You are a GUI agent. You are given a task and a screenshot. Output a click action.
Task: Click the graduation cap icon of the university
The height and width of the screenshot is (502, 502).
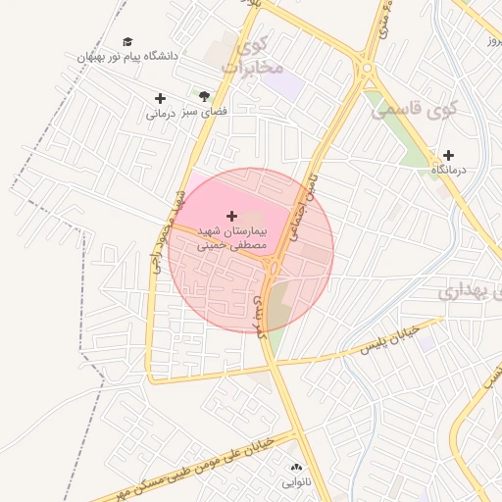coord(127,42)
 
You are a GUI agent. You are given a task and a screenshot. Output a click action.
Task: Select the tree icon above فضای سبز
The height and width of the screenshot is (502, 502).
coord(204,96)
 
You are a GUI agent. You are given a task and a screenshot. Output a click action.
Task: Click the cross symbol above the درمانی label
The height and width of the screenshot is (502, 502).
coord(160,98)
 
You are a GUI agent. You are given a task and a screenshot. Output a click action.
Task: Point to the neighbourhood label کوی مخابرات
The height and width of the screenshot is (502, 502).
coord(253,56)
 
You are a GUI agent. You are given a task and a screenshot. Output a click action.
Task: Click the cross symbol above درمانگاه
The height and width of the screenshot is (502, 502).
coord(449,155)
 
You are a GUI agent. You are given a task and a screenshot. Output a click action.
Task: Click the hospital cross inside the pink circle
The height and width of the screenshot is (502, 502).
coord(232,215)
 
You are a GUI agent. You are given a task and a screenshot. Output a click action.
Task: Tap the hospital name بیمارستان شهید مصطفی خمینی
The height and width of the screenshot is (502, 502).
coord(231,238)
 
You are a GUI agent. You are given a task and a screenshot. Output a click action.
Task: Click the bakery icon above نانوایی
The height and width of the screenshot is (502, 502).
coord(296,468)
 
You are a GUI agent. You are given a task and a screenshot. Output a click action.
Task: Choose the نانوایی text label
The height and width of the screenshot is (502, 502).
coord(296,482)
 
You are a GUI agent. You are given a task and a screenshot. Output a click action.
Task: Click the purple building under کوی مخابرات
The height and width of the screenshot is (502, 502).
coord(285,84)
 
